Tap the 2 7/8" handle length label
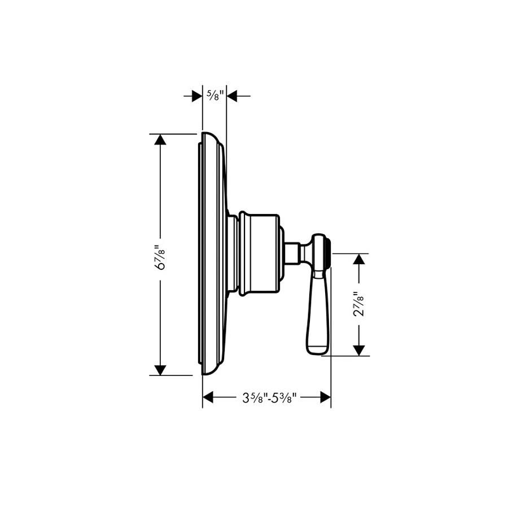pos(358,305)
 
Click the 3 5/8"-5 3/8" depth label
pos(266,398)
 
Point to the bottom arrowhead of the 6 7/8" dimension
pos(161,370)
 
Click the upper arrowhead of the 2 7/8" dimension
pos(358,259)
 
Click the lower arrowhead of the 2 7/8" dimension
pos(358,351)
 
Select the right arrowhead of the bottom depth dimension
pos(325,398)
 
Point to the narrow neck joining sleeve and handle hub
pos(292,253)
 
